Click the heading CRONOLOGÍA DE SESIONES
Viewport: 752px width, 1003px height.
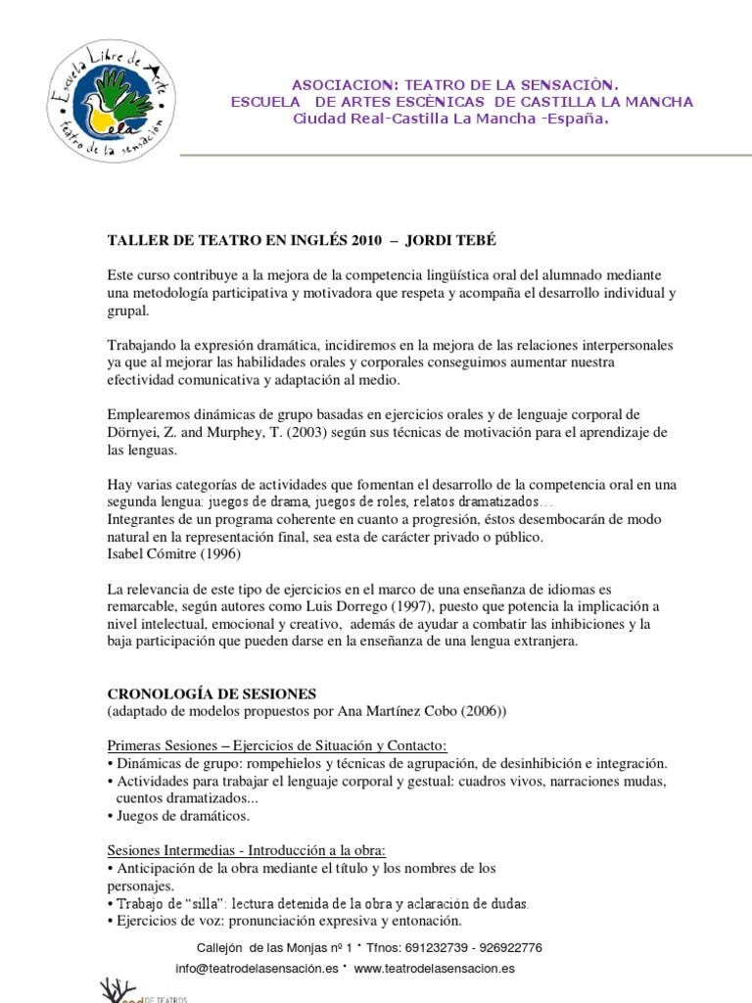(x=211, y=693)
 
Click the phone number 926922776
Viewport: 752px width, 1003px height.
(x=507, y=948)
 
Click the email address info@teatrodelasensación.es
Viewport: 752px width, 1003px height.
(x=257, y=968)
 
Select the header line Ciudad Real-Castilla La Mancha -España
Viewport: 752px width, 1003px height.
(x=451, y=119)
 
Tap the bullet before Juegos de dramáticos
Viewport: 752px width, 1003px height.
(x=110, y=815)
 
